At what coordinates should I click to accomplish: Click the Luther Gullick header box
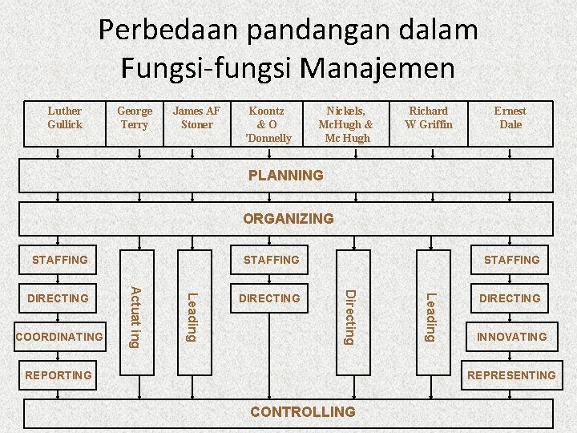click(x=65, y=123)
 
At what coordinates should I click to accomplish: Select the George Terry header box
click(x=135, y=123)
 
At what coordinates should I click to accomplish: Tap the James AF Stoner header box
click(x=197, y=123)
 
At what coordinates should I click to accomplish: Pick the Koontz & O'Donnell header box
click(x=270, y=123)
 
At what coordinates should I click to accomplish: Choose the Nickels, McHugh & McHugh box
click(x=345, y=123)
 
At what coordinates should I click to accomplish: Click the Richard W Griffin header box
click(x=429, y=123)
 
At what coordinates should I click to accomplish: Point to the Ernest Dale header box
click(x=510, y=123)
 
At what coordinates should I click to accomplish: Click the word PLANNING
click(x=286, y=175)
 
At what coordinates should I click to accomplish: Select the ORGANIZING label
click(x=288, y=218)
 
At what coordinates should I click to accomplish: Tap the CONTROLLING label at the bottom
click(x=303, y=412)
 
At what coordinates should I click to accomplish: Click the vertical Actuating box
click(x=136, y=317)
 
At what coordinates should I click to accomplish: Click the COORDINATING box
click(x=60, y=337)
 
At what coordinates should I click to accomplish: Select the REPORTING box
click(x=59, y=375)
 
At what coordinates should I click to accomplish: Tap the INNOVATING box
click(x=511, y=337)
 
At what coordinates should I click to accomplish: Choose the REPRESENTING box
click(x=511, y=375)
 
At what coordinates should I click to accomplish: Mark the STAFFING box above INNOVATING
click(x=511, y=260)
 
